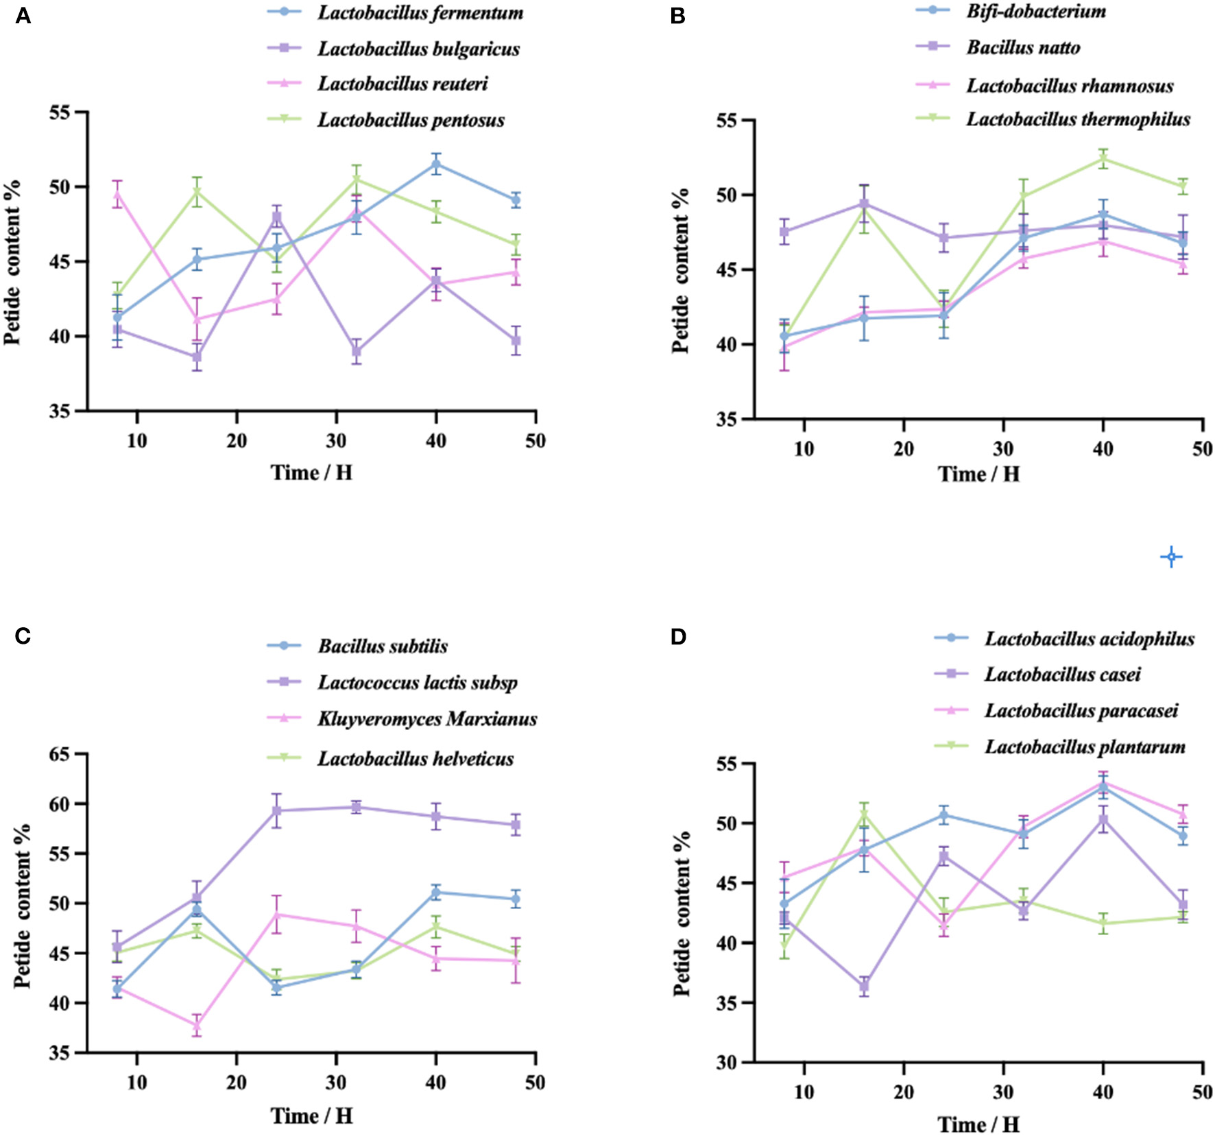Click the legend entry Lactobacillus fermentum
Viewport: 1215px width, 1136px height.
[420, 13]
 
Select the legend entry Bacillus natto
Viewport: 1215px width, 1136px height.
[1023, 47]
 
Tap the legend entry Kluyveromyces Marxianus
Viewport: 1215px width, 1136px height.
[426, 718]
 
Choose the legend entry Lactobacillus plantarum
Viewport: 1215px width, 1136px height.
[1085, 747]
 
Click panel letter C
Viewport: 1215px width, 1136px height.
[23, 636]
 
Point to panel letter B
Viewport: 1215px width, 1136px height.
[677, 16]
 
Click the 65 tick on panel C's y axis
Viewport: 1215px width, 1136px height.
[62, 754]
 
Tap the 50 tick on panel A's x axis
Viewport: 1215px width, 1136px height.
[536, 441]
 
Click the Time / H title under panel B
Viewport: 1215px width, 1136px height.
[978, 474]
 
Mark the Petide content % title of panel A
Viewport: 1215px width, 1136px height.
[12, 262]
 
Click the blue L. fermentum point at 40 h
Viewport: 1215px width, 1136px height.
[436, 164]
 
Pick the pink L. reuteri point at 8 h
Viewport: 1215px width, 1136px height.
[117, 195]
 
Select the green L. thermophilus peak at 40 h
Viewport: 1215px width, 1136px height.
[1103, 159]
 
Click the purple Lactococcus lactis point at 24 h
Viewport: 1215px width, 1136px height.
[277, 810]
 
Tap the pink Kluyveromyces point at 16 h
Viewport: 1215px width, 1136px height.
[197, 1026]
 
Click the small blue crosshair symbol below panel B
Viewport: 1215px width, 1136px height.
[1171, 557]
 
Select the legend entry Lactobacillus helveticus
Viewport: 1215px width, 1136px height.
[415, 759]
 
